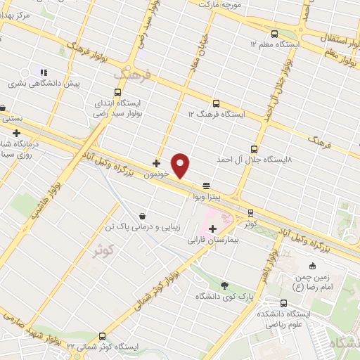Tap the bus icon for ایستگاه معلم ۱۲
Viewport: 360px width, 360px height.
[274, 33]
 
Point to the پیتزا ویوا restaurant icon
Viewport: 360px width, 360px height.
[206, 186]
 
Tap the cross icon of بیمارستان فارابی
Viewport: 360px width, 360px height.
[212, 229]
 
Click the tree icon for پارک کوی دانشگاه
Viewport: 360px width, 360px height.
[224, 285]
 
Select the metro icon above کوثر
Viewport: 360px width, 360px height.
[251, 213]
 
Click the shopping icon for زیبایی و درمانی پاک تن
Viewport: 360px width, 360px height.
[144, 216]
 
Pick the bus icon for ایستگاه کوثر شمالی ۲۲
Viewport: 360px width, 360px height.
[103, 336]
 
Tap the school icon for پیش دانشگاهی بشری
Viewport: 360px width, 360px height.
[44, 72]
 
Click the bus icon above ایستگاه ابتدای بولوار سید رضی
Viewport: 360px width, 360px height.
[118, 92]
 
